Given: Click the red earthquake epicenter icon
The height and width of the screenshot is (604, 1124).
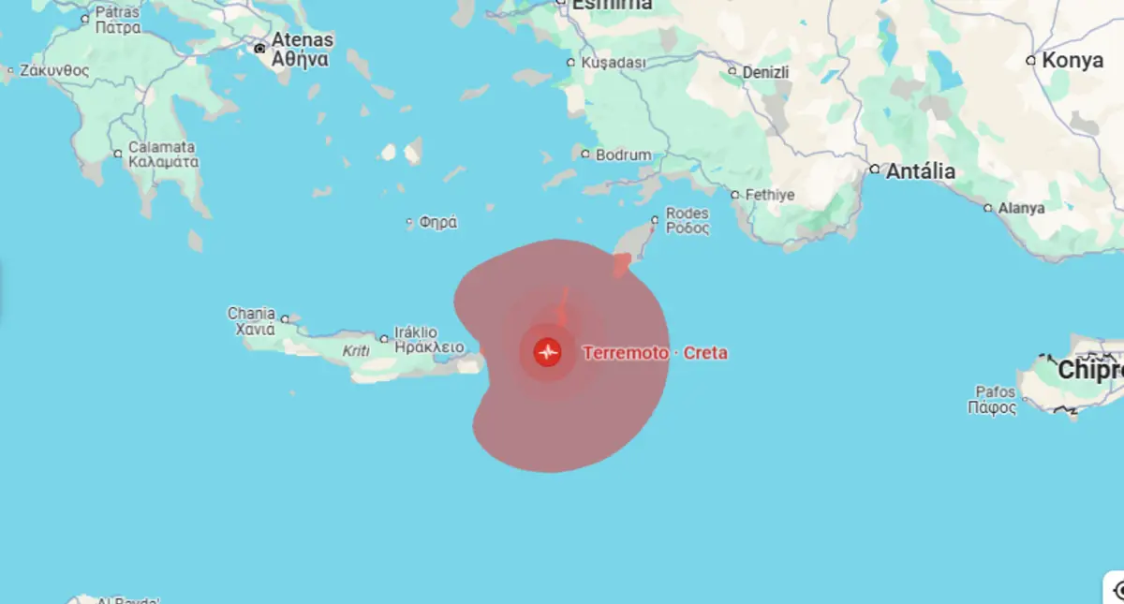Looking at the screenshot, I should point(547,352).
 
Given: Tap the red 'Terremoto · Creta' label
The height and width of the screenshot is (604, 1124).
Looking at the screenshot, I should point(655,353).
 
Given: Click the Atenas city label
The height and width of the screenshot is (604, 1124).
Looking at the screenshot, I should point(302,40).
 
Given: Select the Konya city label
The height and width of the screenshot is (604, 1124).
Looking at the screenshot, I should point(1072,60).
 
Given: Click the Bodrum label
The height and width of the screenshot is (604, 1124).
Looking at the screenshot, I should point(623,155).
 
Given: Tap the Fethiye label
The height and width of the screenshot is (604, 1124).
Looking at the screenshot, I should point(769,195).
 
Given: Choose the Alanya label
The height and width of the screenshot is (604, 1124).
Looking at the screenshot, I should point(1021,208).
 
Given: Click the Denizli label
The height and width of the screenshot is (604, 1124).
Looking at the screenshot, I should point(765,72).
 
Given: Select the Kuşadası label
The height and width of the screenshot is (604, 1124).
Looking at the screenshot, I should point(614,62).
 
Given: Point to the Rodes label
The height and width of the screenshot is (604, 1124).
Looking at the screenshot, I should point(687,214).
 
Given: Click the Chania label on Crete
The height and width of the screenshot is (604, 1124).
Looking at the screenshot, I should point(251,313).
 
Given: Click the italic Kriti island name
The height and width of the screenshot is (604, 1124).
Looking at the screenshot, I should point(356,351).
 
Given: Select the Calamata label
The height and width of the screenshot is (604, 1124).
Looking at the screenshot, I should point(162,147).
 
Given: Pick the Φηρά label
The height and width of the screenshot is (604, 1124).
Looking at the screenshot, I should point(437,223).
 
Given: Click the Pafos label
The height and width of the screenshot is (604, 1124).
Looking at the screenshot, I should point(995,391).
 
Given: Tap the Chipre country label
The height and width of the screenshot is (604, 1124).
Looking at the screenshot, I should point(1089,371).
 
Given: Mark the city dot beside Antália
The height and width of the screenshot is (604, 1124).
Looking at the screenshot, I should point(874,170).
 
